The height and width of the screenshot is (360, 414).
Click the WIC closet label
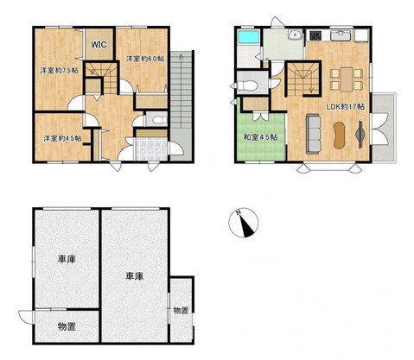(99, 45)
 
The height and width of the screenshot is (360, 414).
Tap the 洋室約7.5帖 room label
(60, 71)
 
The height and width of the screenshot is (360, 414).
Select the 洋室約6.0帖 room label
(145, 59)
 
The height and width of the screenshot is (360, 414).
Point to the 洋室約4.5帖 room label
(62, 138)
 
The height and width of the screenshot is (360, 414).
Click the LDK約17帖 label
(346, 107)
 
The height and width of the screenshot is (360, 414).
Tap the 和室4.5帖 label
(261, 137)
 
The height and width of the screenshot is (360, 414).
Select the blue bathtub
(248, 37)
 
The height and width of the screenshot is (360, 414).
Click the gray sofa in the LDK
(314, 134)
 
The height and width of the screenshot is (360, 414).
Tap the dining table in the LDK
(347, 79)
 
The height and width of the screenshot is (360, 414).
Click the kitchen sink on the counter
(341, 35)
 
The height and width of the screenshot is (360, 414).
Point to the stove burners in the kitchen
(315, 35)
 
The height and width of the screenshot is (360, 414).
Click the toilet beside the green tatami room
(245, 85)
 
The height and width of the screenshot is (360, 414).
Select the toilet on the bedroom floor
(159, 120)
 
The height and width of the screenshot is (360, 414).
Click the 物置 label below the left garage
(67, 326)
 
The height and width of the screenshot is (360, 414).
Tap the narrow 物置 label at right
(181, 311)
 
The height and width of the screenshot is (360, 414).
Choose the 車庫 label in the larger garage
(134, 276)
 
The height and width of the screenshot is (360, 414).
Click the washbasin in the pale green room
(295, 35)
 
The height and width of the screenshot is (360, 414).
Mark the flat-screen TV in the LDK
(360, 135)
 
